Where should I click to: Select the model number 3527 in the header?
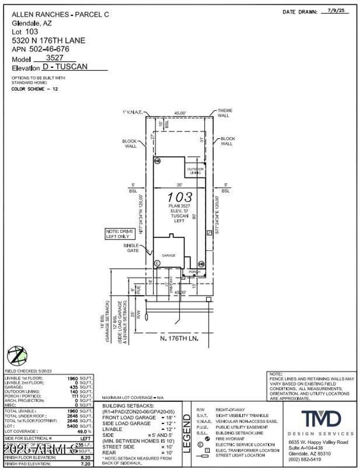[x=54, y=58]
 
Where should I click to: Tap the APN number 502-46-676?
[x=49, y=49]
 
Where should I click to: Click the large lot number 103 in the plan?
[x=179, y=197]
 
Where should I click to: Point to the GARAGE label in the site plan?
[x=168, y=255]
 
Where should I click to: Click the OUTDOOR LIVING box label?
[x=195, y=171]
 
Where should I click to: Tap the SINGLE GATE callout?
[x=131, y=248]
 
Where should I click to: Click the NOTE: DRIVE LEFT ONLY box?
[x=120, y=234]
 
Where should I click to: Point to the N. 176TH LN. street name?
[x=179, y=338]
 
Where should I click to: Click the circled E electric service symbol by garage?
[x=157, y=263]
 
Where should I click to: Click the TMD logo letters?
[x=321, y=419]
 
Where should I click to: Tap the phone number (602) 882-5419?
[x=305, y=459]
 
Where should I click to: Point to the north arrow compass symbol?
[x=17, y=355]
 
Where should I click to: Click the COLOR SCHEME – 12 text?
[x=34, y=89]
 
